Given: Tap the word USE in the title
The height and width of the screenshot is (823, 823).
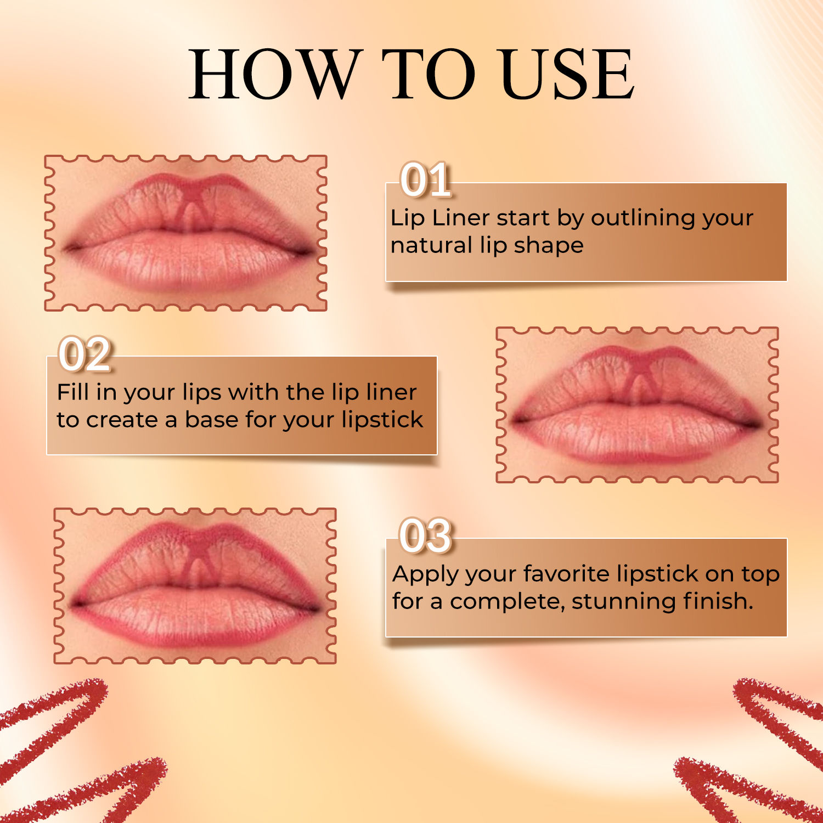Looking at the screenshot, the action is (x=567, y=74).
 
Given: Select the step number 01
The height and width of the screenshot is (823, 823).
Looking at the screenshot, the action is (x=426, y=179).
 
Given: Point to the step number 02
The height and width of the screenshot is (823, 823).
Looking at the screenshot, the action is (x=85, y=354).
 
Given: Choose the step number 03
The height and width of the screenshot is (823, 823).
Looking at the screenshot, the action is (x=426, y=535).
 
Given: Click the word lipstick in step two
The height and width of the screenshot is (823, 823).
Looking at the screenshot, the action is (x=382, y=420).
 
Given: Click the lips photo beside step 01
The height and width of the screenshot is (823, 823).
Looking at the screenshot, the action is (x=185, y=233).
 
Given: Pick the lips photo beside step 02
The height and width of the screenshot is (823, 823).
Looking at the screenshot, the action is (x=637, y=405).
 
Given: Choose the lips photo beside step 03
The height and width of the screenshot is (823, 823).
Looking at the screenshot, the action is (x=195, y=586).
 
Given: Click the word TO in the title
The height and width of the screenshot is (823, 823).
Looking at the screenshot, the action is (x=429, y=74).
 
